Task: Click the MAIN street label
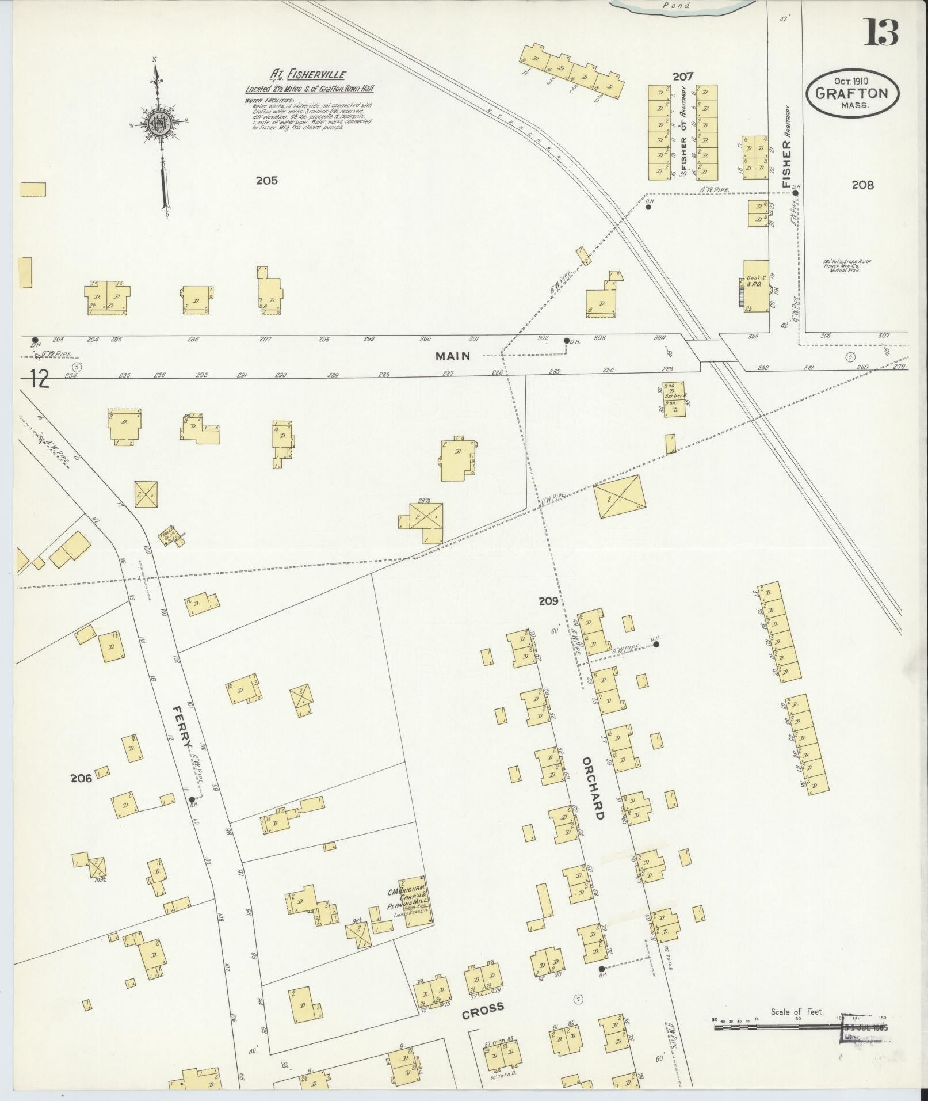click(x=453, y=356)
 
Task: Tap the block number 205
click(x=267, y=181)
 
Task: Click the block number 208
click(x=863, y=185)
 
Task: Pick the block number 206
click(x=81, y=778)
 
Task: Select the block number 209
click(x=548, y=601)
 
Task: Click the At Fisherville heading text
click(x=308, y=75)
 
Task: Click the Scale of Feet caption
click(x=797, y=1012)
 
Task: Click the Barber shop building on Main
click(x=674, y=398)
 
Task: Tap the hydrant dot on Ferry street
click(x=191, y=799)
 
